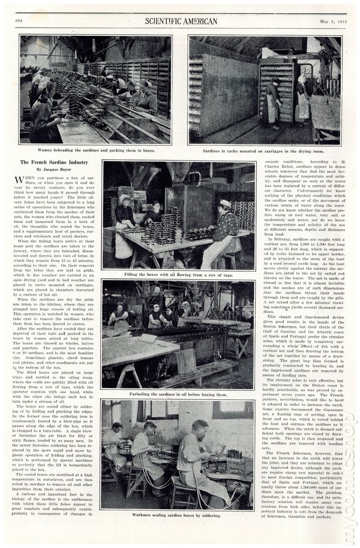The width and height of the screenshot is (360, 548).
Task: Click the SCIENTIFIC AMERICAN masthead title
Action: pos(181,22)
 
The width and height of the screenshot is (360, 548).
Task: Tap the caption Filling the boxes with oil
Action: pos(178,275)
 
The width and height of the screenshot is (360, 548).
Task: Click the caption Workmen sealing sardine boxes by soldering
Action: pos(178,515)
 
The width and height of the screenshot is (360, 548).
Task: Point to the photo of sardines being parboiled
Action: pos(178,334)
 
